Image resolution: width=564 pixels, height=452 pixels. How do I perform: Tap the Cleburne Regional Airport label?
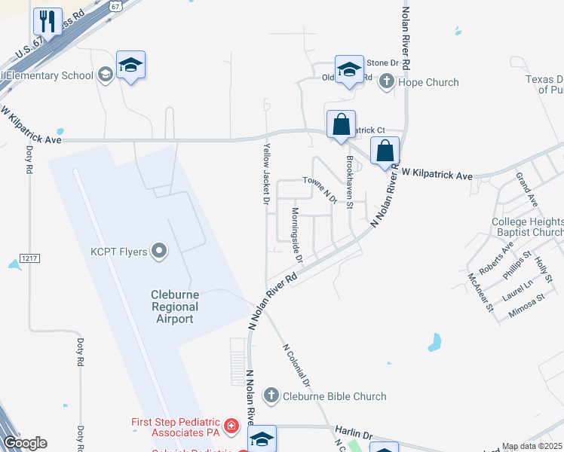(175, 307)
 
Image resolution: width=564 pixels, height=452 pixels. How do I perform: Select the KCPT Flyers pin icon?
(159, 251)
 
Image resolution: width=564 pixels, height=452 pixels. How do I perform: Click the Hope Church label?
(428, 82)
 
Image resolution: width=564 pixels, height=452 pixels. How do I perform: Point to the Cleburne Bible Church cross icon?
(271, 395)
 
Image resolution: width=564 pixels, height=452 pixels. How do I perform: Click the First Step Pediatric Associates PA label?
(175, 427)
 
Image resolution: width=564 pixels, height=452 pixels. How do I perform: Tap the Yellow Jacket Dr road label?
(265, 176)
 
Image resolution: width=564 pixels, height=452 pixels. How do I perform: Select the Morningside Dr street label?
(297, 236)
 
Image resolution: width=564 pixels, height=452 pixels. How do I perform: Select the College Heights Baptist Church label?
(527, 227)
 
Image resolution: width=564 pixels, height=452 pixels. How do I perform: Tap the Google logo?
(25, 443)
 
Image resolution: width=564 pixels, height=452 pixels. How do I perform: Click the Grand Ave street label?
(526, 191)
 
